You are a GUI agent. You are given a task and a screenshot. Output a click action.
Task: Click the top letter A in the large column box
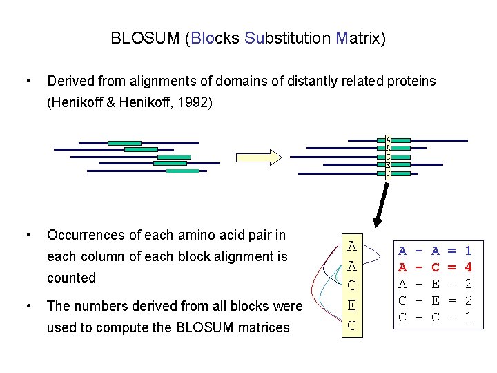tap(352, 246)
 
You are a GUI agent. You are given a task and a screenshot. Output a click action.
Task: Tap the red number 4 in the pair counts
tap(467, 266)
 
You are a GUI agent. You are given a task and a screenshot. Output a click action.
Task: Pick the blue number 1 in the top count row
tap(467, 251)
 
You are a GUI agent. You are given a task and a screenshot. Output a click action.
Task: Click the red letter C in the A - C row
tap(435, 266)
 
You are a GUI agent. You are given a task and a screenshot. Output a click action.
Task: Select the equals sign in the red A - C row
tap(451, 266)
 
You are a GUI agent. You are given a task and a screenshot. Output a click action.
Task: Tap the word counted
tap(71, 278)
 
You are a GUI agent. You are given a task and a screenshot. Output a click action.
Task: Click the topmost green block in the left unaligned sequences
tap(124, 143)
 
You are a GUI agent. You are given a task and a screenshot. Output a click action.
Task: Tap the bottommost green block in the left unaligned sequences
tap(183, 170)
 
